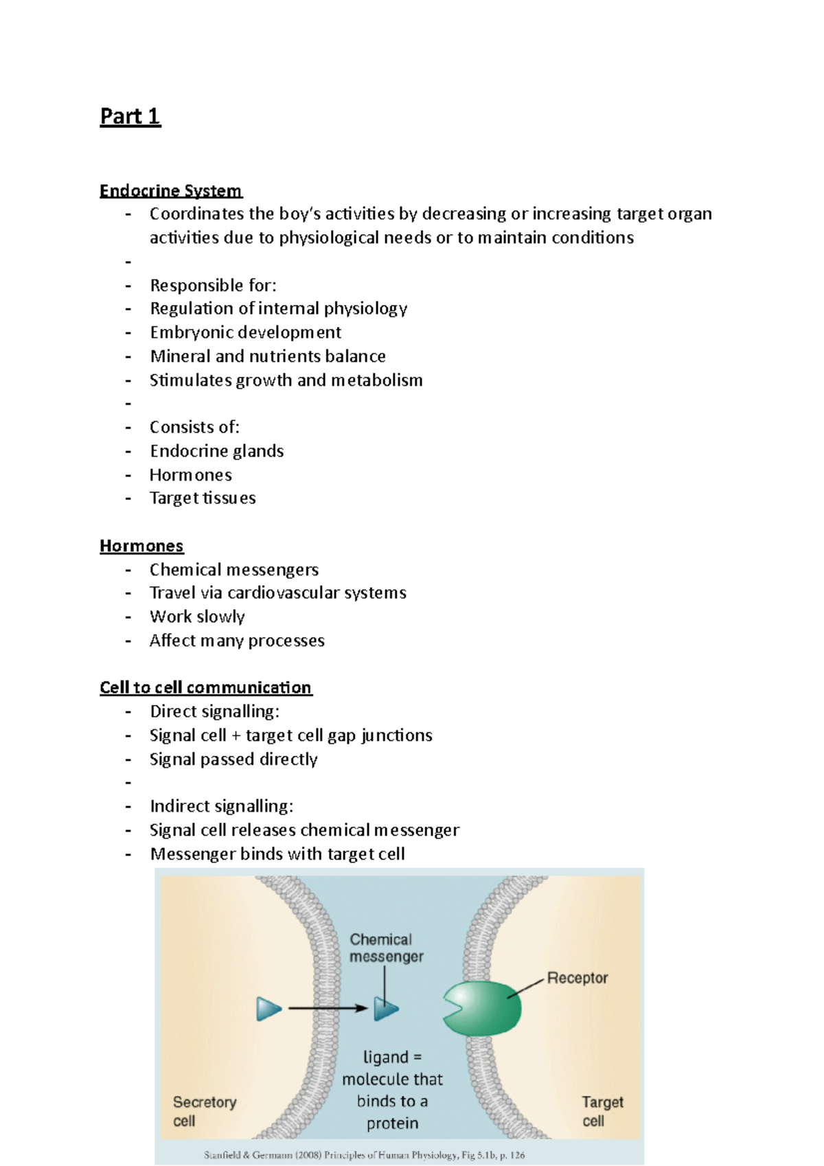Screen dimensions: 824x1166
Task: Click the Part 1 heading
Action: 130,116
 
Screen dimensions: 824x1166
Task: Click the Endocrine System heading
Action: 170,190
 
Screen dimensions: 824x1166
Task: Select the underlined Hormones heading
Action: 141,546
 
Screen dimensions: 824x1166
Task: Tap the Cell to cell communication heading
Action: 206,687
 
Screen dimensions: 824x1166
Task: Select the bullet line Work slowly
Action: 197,617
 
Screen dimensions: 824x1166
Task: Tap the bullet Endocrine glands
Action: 216,451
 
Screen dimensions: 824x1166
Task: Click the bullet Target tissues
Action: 203,498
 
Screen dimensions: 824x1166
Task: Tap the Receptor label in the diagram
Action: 577,978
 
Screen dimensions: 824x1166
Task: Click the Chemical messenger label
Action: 385,948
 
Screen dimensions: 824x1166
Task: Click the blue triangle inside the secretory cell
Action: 268,1009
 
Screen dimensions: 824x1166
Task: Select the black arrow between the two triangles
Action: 328,1008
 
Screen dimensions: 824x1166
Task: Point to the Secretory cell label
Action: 203,1111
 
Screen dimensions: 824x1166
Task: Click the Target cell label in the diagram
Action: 602,1111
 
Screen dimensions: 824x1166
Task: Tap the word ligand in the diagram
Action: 385,1058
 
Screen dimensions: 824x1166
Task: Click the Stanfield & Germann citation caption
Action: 364,1155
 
